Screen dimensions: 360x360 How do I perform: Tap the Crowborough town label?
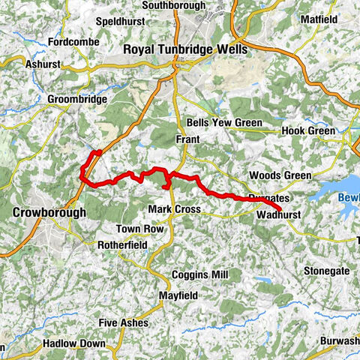click(49, 213)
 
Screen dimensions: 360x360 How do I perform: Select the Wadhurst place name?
click(278, 214)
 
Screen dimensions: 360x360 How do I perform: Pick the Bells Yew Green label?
click(224, 123)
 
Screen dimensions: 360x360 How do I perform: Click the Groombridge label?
click(77, 99)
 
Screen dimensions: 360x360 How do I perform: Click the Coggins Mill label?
click(199, 275)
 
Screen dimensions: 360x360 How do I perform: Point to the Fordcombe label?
click(73, 41)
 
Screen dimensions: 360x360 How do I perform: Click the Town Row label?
click(139, 228)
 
